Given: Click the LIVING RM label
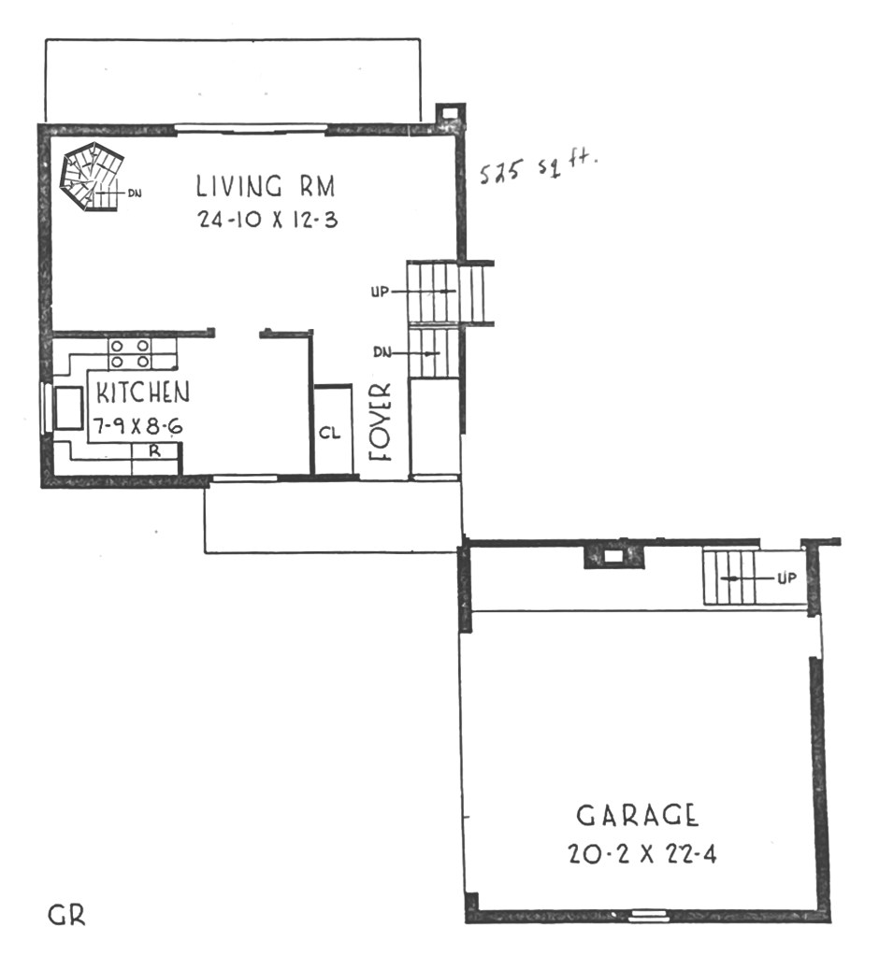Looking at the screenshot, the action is [x=266, y=186].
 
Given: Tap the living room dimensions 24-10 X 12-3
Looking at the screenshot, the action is [x=267, y=220].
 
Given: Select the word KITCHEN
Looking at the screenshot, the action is [x=143, y=392].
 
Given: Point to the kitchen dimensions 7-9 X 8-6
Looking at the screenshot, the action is [x=137, y=425].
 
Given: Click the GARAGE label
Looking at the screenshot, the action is [x=638, y=815].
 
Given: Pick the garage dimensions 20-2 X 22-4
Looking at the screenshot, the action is [x=642, y=853].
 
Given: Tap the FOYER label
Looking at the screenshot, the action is [x=380, y=421].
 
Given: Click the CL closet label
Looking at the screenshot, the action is [x=329, y=433].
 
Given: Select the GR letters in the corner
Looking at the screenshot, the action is [x=66, y=915].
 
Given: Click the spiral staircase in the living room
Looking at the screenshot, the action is [x=92, y=177].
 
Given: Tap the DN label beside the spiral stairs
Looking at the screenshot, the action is [x=135, y=193].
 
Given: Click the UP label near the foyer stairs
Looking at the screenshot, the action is [x=380, y=293].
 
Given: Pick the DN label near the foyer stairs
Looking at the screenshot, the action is [x=382, y=352].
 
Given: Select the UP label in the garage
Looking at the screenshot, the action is [x=786, y=578].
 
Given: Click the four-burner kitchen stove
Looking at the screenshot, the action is [x=130, y=353].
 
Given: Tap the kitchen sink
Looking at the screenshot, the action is [x=68, y=407].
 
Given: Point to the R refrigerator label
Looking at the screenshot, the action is [x=155, y=451].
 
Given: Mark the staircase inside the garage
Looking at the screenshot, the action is [x=729, y=577].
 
